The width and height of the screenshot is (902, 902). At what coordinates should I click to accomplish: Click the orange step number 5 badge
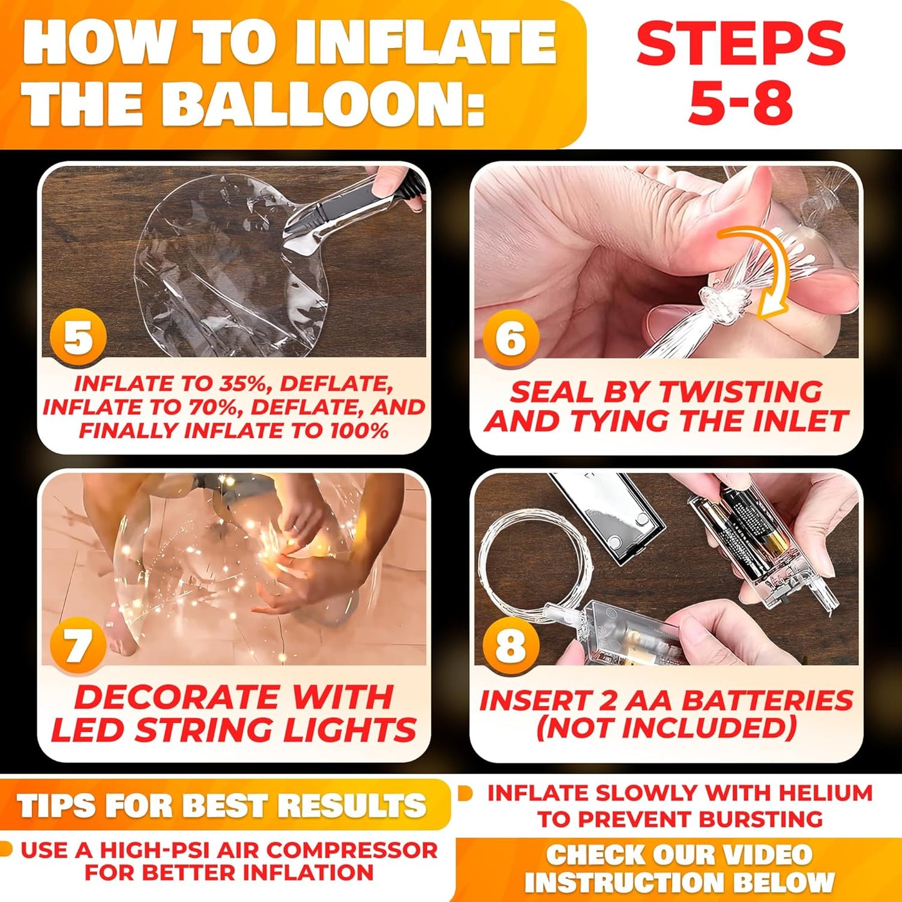pyautogui.click(x=78, y=337)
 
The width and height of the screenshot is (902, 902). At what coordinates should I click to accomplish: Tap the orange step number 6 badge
pyautogui.click(x=511, y=337)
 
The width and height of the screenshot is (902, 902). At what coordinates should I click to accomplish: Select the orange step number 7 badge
pyautogui.click(x=78, y=645)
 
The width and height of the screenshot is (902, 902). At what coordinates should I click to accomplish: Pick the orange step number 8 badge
pyautogui.click(x=511, y=645)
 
